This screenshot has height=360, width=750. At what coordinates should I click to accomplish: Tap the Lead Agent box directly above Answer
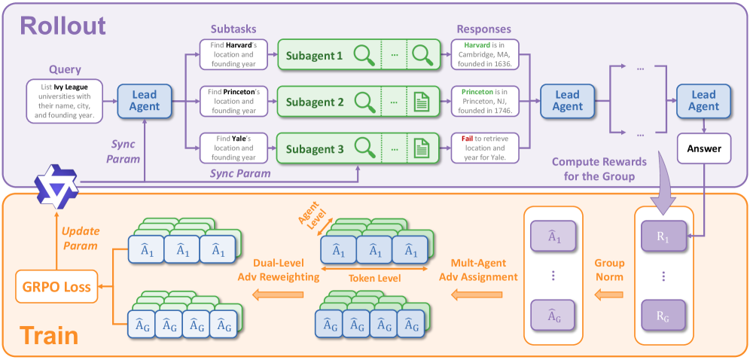(703, 101)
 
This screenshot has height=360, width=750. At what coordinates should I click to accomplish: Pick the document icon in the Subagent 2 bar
(420, 101)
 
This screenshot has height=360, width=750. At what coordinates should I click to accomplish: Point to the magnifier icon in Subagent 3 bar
(365, 147)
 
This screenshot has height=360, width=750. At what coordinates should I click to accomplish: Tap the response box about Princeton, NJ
(486, 101)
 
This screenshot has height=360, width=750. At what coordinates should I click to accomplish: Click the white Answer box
(703, 148)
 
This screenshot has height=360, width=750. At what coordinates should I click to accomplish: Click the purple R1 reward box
(663, 235)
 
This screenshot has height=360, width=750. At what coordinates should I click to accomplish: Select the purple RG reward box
(663, 316)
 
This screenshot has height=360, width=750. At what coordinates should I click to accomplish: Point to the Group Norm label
(609, 269)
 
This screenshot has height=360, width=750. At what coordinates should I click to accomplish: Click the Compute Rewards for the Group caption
(601, 168)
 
